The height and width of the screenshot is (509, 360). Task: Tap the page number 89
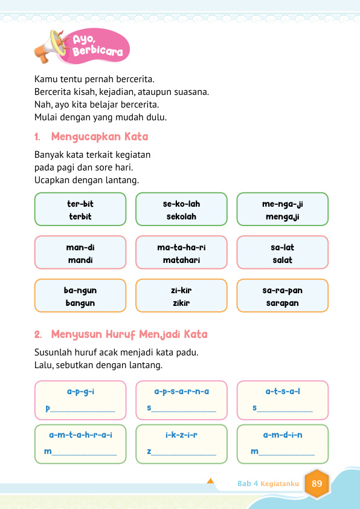click(x=317, y=484)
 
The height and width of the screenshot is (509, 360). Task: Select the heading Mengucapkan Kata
click(x=100, y=137)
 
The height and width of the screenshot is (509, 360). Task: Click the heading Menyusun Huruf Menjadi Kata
click(x=129, y=334)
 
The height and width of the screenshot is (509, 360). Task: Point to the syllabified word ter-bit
click(x=80, y=204)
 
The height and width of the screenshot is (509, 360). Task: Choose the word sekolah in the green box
click(x=181, y=216)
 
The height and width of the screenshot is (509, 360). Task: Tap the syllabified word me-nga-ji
click(x=282, y=204)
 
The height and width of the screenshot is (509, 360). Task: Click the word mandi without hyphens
click(x=80, y=260)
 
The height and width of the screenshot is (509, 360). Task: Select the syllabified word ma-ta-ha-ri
click(x=181, y=247)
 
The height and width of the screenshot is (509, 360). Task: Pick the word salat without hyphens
click(x=282, y=260)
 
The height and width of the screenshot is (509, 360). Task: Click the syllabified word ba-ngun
click(x=80, y=291)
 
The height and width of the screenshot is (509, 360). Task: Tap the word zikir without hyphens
click(x=181, y=303)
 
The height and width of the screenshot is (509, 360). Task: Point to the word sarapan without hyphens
click(x=282, y=303)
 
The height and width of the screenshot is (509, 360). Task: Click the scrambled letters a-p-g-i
click(x=80, y=392)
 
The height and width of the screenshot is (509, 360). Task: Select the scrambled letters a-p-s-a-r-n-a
click(x=181, y=392)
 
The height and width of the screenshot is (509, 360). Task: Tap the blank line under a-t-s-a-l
click(x=285, y=411)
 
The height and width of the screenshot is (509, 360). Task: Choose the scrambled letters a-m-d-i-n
click(x=282, y=435)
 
